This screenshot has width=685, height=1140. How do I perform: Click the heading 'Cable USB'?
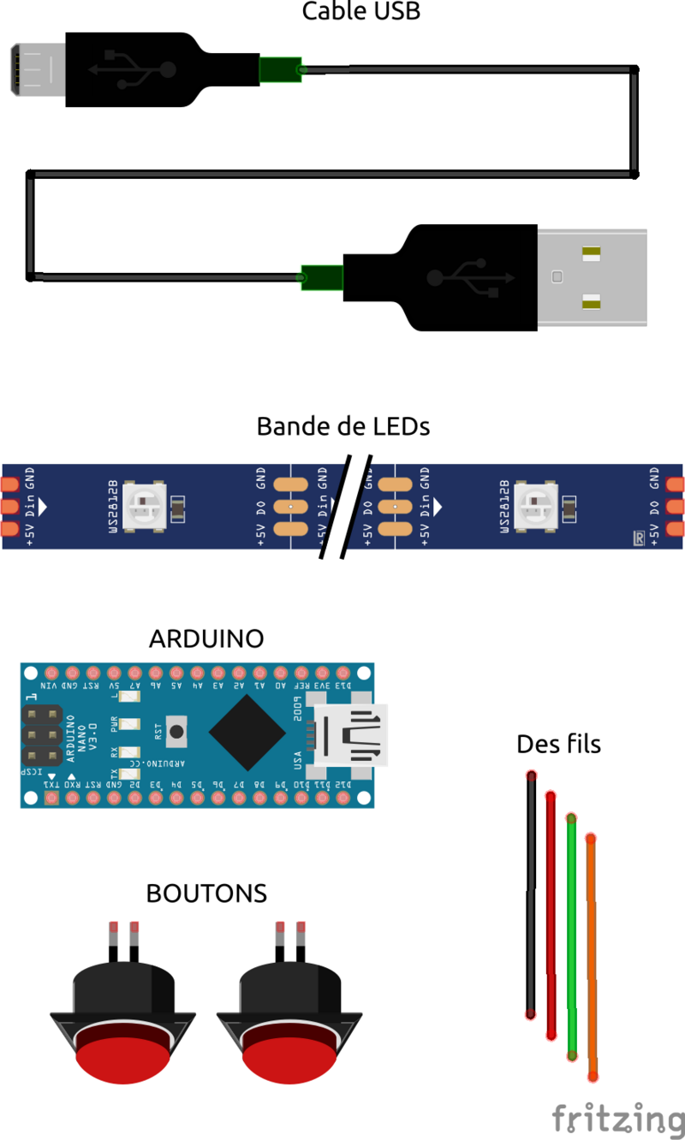click(361, 12)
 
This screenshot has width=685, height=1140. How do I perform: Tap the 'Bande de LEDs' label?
click(342, 426)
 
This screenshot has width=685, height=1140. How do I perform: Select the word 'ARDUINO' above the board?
click(205, 638)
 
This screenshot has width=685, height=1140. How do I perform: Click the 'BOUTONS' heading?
click(206, 894)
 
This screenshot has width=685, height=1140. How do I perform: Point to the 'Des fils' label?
click(558, 745)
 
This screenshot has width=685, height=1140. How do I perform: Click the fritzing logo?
click(616, 1118)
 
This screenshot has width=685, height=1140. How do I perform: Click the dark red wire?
click(551, 916)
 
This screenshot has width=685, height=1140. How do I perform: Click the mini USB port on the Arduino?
click(351, 735)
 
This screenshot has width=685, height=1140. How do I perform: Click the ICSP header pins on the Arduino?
click(40, 734)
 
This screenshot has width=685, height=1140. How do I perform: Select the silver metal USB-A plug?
click(591, 277)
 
